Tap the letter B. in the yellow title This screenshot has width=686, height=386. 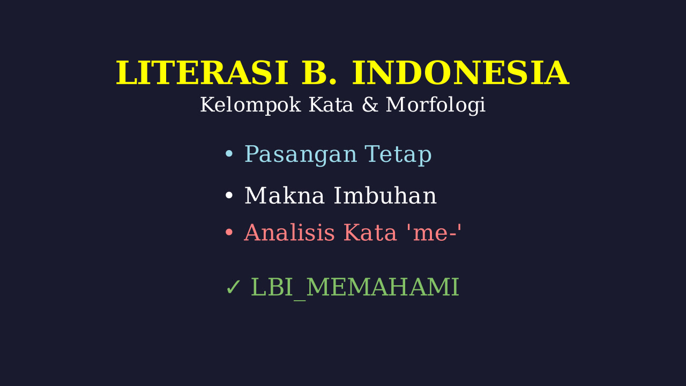319,73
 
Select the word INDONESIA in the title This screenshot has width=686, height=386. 460,73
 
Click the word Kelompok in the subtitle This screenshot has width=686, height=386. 250,105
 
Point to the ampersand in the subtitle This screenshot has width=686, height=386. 370,105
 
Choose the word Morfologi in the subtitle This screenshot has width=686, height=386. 436,105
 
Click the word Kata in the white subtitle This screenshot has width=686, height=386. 331,105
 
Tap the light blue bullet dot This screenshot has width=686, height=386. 229,153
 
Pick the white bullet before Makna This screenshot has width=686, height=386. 229,195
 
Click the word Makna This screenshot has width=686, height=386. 285,196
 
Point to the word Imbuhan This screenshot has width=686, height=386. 385,196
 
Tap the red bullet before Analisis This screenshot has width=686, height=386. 229,233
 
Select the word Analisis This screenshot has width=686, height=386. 289,233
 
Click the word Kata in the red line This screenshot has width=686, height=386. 370,233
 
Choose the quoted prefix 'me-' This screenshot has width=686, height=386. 434,233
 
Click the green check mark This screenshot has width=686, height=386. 233,287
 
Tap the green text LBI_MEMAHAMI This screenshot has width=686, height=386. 355,288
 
